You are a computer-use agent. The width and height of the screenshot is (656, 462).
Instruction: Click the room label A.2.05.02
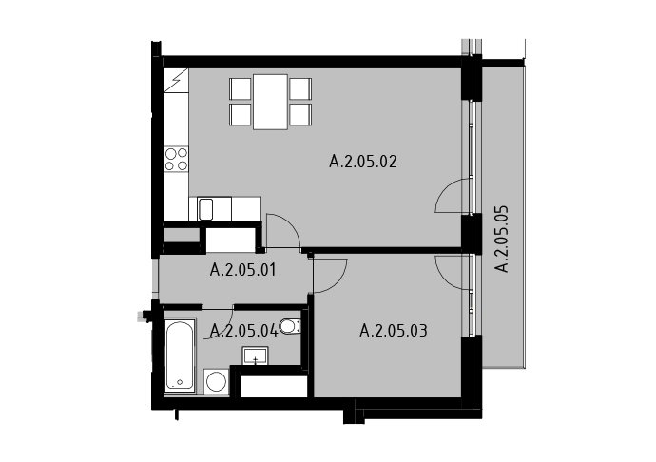click(363, 161)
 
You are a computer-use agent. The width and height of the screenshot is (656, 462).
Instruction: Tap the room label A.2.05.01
click(243, 270)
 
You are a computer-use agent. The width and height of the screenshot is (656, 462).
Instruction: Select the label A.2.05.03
click(394, 331)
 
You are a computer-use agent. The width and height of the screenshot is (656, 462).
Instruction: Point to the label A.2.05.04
click(244, 331)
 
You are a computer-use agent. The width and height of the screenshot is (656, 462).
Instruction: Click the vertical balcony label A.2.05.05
click(502, 239)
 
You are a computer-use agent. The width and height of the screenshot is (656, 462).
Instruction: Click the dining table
click(270, 102)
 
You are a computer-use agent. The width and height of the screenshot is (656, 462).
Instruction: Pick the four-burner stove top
click(176, 159)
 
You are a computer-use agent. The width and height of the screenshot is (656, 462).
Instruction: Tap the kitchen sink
click(205, 209)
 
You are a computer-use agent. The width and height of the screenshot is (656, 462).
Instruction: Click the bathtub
click(181, 356)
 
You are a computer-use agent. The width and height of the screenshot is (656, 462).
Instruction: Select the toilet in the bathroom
click(290, 327)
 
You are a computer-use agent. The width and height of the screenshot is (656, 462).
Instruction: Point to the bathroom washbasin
click(255, 356)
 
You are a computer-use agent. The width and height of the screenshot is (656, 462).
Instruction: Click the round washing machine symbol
click(217, 381)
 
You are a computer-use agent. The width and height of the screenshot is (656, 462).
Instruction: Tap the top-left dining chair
click(241, 88)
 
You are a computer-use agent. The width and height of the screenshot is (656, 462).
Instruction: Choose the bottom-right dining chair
click(300, 114)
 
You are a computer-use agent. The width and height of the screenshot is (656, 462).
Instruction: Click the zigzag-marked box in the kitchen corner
click(176, 81)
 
